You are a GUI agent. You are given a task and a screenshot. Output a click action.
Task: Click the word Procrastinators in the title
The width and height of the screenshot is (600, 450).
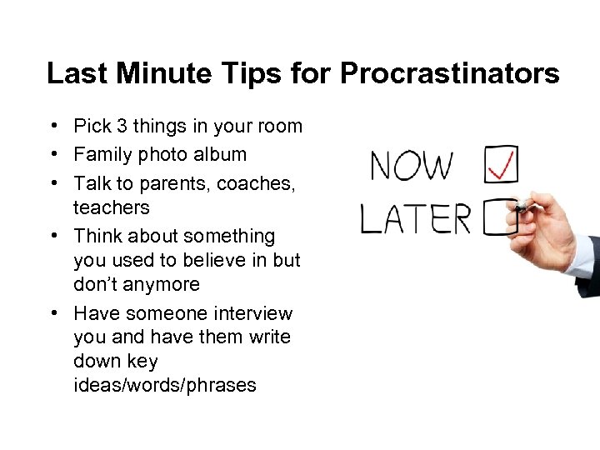[x=449, y=73]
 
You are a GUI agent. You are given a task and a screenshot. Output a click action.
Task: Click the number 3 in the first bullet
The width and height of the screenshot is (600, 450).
[x=122, y=127]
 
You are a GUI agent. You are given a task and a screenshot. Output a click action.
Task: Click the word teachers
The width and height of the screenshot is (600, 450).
[x=112, y=207]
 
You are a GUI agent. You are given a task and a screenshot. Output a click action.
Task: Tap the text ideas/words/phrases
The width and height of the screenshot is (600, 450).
[x=165, y=385]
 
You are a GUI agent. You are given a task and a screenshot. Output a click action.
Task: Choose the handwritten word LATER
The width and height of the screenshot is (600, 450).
[x=416, y=219]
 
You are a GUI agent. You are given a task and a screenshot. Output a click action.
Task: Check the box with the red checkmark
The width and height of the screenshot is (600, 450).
[x=500, y=164]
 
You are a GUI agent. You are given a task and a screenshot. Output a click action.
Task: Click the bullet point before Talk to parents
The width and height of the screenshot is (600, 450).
[x=52, y=182]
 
